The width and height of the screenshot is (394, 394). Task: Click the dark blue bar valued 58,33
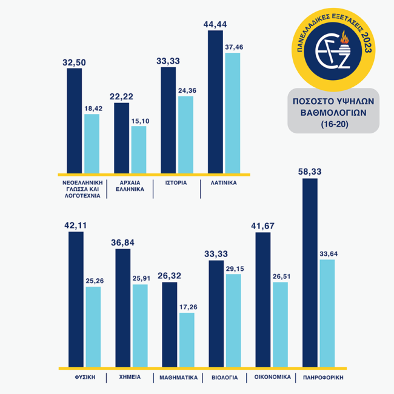310,273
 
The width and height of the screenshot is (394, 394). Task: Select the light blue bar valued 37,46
232,113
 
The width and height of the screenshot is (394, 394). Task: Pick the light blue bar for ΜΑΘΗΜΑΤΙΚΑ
187,339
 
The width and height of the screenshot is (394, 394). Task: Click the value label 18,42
92,108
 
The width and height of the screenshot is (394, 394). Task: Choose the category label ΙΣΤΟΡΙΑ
175,182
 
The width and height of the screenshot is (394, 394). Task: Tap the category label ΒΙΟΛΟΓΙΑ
224,378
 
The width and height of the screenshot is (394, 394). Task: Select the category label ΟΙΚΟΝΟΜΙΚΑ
270,378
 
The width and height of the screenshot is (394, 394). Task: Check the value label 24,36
185,90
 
